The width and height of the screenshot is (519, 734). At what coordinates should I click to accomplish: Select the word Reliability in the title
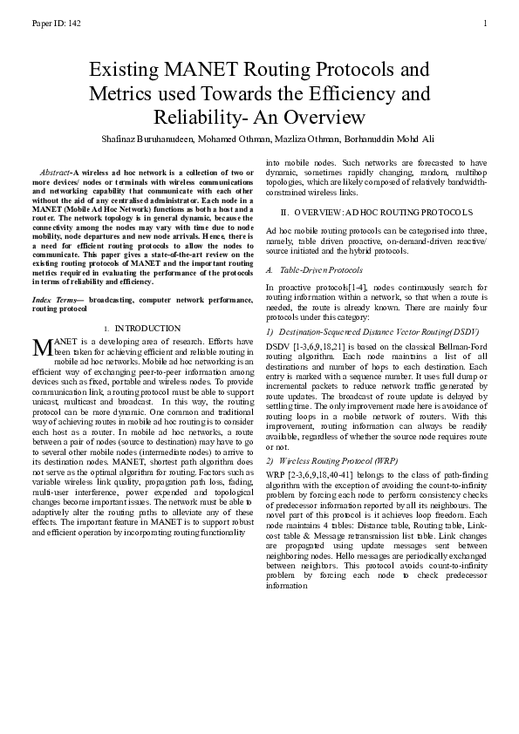coord(198,117)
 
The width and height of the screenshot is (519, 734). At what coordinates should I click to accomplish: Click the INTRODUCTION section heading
coord(147,328)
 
